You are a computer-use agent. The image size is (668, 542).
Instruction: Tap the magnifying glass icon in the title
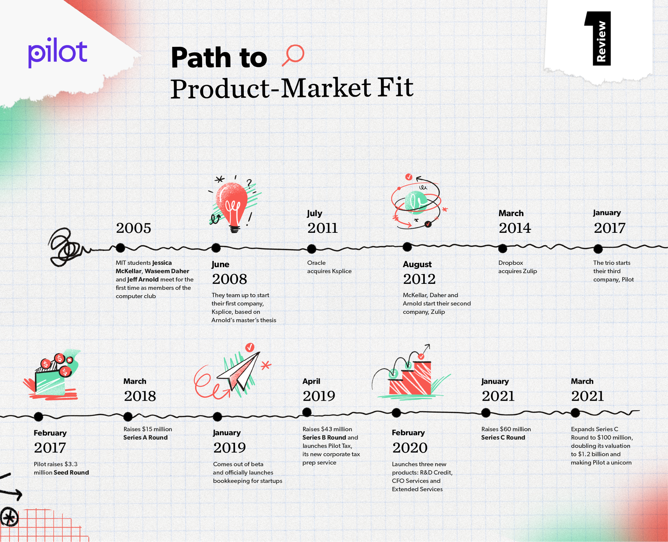[293, 55]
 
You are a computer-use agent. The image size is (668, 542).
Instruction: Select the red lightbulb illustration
[233, 204]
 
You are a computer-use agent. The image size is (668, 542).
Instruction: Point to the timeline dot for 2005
[120, 248]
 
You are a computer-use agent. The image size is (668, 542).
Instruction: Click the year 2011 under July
[323, 228]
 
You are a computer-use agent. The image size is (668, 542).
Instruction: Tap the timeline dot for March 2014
[502, 248]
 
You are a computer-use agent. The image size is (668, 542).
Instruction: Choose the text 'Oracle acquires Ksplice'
[329, 267]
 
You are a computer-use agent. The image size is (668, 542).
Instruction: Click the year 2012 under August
[419, 279]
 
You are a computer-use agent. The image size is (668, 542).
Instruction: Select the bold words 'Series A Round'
[145, 437]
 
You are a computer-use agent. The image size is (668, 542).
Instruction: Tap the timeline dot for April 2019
[307, 412]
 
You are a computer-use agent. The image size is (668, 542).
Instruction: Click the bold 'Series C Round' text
[503, 437]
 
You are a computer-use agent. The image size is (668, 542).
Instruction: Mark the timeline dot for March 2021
[575, 413]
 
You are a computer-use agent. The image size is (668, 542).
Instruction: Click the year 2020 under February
[410, 448]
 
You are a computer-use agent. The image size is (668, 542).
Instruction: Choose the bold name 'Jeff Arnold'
[143, 280]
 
